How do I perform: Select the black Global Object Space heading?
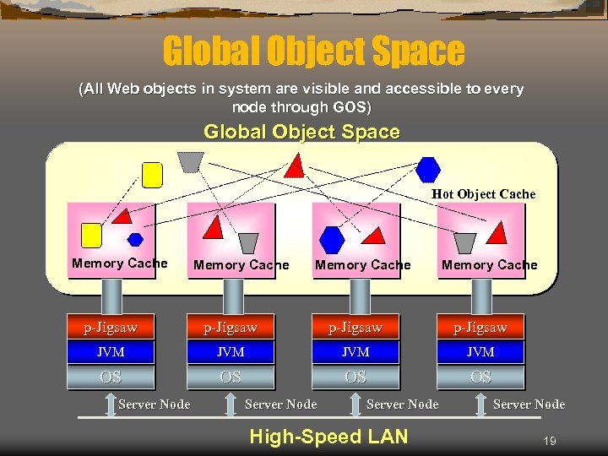coord(301,132)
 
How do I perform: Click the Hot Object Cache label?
coord(483,194)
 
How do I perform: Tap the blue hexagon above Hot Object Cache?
coord(429,169)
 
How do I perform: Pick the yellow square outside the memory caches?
coord(152,174)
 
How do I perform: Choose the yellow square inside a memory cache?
coord(90,235)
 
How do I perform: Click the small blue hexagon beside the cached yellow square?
coord(135,240)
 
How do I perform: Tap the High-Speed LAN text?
coord(329,437)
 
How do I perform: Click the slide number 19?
coord(549,440)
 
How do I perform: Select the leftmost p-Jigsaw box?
coord(111,327)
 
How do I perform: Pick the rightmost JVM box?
coord(480,351)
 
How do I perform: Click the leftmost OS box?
coord(111,377)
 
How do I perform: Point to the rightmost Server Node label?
coord(529,404)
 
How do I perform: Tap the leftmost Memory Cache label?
coord(119,263)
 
